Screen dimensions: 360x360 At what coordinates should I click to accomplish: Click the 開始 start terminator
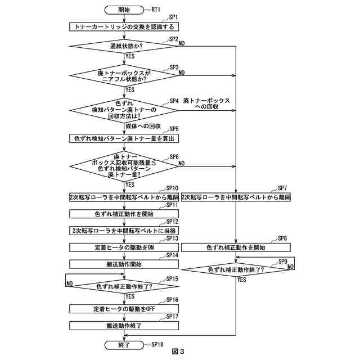[x=124, y=10]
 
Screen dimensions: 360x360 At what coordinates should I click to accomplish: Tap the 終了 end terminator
[x=124, y=345]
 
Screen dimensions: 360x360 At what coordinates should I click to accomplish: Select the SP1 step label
[x=174, y=17]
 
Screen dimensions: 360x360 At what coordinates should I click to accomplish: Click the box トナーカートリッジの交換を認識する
[x=124, y=27]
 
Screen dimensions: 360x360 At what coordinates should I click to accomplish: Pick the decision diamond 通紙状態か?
[x=124, y=46]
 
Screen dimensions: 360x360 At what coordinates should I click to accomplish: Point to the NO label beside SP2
[x=182, y=43]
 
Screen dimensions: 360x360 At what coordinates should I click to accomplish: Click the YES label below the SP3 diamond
[x=130, y=89]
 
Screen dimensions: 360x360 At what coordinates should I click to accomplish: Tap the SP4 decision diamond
[x=124, y=110]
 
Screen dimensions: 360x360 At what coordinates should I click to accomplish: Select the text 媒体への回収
[x=143, y=126]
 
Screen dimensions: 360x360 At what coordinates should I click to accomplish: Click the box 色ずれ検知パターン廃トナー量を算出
[x=124, y=138]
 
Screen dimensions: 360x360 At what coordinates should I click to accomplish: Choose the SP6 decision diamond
[x=124, y=166]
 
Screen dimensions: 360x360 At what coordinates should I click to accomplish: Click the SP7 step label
[x=282, y=188]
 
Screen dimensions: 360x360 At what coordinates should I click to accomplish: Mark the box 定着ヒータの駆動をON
[x=124, y=247]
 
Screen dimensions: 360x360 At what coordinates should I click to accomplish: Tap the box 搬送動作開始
[x=124, y=264]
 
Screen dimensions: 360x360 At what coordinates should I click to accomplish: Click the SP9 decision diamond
[x=236, y=270]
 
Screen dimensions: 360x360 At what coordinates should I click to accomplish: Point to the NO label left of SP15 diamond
[x=69, y=283]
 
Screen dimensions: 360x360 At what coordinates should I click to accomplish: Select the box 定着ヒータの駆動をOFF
[x=124, y=309]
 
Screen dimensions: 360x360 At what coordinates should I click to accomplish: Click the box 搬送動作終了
[x=124, y=326]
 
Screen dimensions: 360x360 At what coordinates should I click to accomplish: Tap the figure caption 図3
[x=178, y=352]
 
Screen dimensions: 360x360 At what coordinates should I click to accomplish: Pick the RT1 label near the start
[x=156, y=10]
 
